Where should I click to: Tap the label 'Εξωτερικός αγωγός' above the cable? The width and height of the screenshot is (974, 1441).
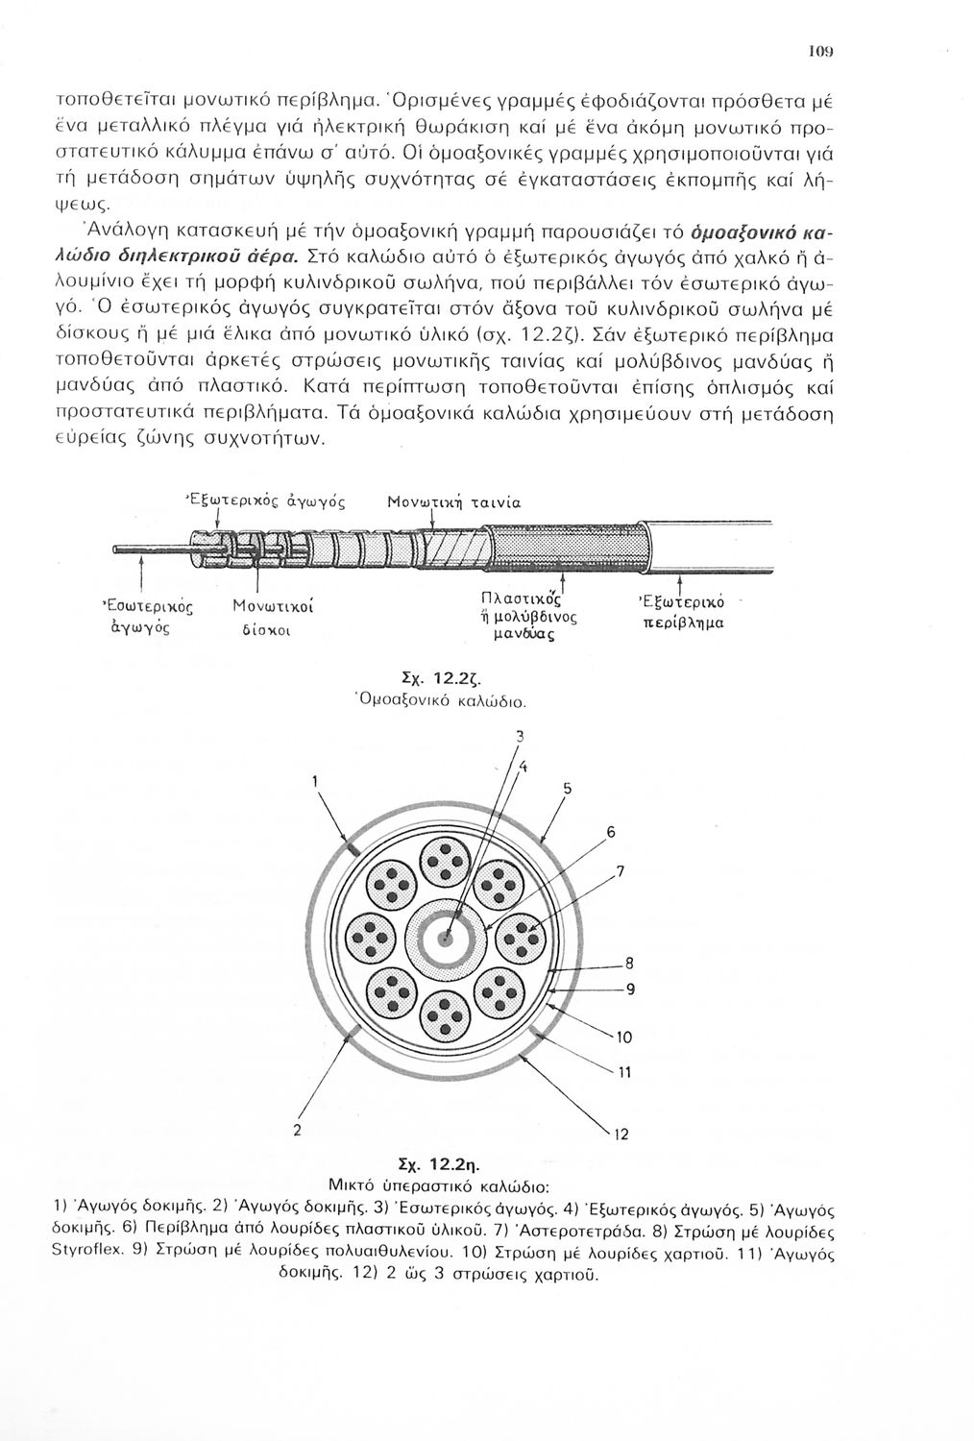point(262,501)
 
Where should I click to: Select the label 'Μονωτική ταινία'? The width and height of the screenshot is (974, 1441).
point(453,501)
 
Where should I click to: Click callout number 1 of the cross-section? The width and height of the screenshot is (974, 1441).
point(314,783)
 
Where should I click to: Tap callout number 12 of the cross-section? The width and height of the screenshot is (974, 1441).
point(621,1135)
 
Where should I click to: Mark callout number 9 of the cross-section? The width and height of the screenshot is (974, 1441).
point(631,989)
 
